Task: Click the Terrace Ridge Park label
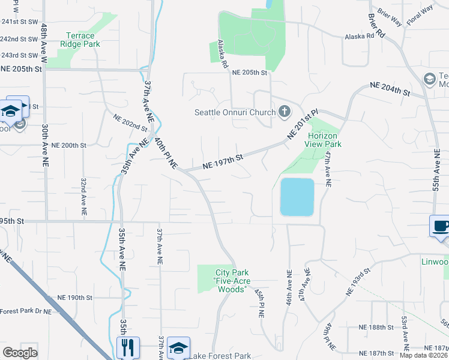point(80,40)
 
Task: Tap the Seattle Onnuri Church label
point(235,112)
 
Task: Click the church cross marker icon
point(284,112)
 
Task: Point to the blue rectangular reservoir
point(297,196)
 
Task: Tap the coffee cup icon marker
point(441,226)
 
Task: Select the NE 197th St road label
point(222,160)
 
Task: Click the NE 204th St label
point(390,89)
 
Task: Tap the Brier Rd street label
point(378,23)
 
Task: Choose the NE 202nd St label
point(130,122)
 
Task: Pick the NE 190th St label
point(75,298)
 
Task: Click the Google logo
point(20,353)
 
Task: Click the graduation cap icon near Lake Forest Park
point(178,347)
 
